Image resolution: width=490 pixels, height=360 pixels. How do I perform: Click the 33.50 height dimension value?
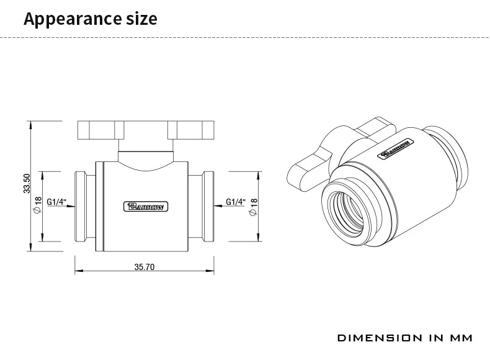pos(27,184)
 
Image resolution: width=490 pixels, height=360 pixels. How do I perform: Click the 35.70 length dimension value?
pos(145,267)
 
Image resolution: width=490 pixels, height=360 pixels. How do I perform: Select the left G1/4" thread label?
pos(56,202)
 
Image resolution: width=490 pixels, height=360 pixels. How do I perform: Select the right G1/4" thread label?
pos(236,202)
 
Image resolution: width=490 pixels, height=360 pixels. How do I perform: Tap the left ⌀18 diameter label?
pos(38,205)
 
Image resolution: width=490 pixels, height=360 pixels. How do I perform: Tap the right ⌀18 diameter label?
pos(253,205)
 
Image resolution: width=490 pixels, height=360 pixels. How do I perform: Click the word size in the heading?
pos(141,19)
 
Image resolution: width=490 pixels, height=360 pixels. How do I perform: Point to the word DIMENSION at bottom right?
pos(378,338)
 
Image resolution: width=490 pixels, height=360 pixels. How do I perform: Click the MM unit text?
pos(460,338)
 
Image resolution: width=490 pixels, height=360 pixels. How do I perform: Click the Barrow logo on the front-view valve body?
pos(144,207)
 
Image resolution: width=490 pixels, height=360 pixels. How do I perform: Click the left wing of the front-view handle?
pos(98,130)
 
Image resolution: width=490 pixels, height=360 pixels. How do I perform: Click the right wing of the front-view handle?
pos(190,130)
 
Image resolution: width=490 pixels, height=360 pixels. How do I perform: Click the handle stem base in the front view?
pos(144,158)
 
